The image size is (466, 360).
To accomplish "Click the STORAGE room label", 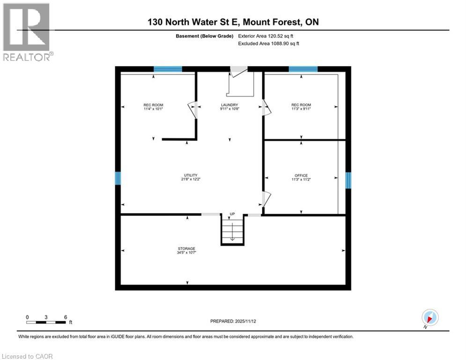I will pyautogui.click(x=186, y=248).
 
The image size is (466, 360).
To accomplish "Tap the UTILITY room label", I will pyautogui.click(x=187, y=175).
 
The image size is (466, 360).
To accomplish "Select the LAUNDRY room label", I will pyautogui.click(x=229, y=105).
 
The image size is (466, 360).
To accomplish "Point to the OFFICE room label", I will pyautogui.click(x=301, y=175).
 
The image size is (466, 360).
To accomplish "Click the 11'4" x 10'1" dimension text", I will pyautogui.click(x=153, y=109).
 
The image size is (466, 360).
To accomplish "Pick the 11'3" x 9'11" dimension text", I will pyautogui.click(x=301, y=109).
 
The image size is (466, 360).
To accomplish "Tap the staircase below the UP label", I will pyautogui.click(x=232, y=231).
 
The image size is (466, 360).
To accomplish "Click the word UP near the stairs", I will pyautogui.click(x=232, y=214).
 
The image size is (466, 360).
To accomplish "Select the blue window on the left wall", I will pyautogui.click(x=118, y=178).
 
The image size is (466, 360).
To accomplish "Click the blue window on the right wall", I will pyautogui.click(x=348, y=180).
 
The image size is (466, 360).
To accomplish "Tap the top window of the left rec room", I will pyautogui.click(x=168, y=69).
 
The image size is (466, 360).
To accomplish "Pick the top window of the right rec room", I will pyautogui.click(x=303, y=69).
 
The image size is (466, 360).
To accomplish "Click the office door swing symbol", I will pyautogui.click(x=266, y=199).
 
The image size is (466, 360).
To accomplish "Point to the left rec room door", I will pyautogui.click(x=192, y=110).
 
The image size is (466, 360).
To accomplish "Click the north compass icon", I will pyautogui.click(x=430, y=317).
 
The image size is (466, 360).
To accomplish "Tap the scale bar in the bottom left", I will pyautogui.click(x=46, y=322).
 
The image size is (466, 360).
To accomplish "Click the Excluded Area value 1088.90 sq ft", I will pyautogui.click(x=268, y=43).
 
